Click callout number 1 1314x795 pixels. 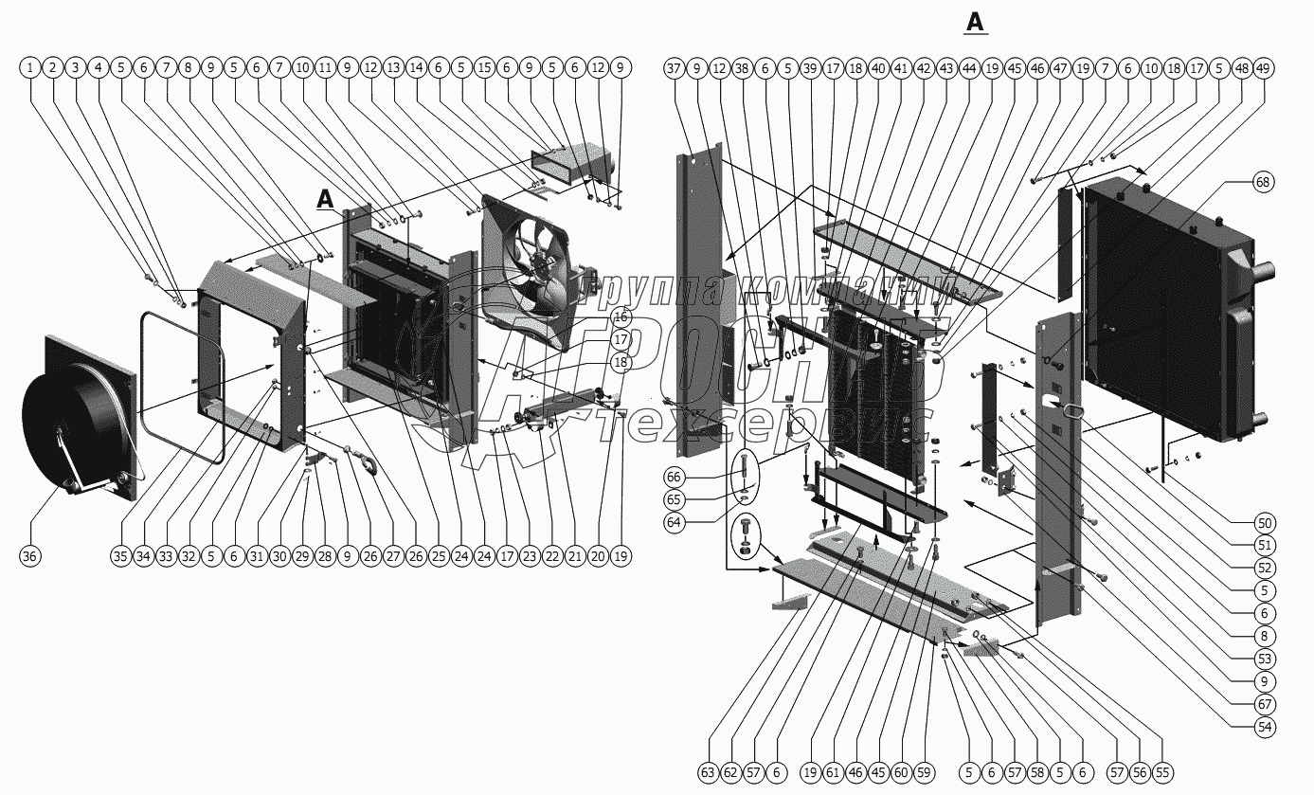click(30, 68)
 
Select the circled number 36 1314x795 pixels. click(29, 556)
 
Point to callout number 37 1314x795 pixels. click(674, 68)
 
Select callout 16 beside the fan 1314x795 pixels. click(620, 316)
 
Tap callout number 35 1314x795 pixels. click(119, 556)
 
